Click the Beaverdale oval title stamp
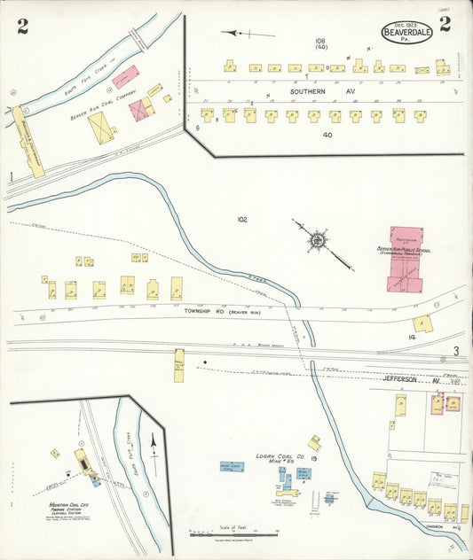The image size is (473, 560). coord(408,32)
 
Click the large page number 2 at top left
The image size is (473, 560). coord(22,26)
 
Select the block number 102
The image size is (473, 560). coord(242,219)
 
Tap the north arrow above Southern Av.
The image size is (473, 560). coord(240,33)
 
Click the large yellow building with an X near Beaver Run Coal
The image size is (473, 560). coord(101,128)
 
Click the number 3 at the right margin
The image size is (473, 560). coord(456,352)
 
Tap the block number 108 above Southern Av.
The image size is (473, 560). coord(320,42)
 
